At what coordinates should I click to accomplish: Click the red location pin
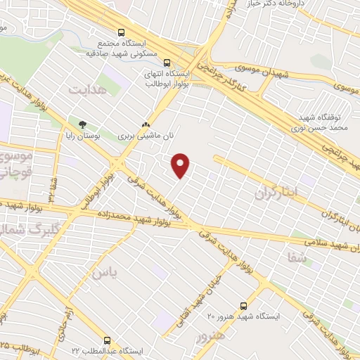click(x=181, y=165)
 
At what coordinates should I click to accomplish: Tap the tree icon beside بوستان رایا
click(x=82, y=124)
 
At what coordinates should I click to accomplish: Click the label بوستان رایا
click(x=83, y=136)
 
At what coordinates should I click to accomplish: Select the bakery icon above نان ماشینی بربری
click(x=146, y=120)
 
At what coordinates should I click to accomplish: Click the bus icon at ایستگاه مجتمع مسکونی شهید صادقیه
click(x=121, y=32)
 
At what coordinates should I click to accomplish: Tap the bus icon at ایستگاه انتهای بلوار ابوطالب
click(x=166, y=61)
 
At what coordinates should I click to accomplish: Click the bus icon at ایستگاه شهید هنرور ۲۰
click(x=243, y=306)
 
